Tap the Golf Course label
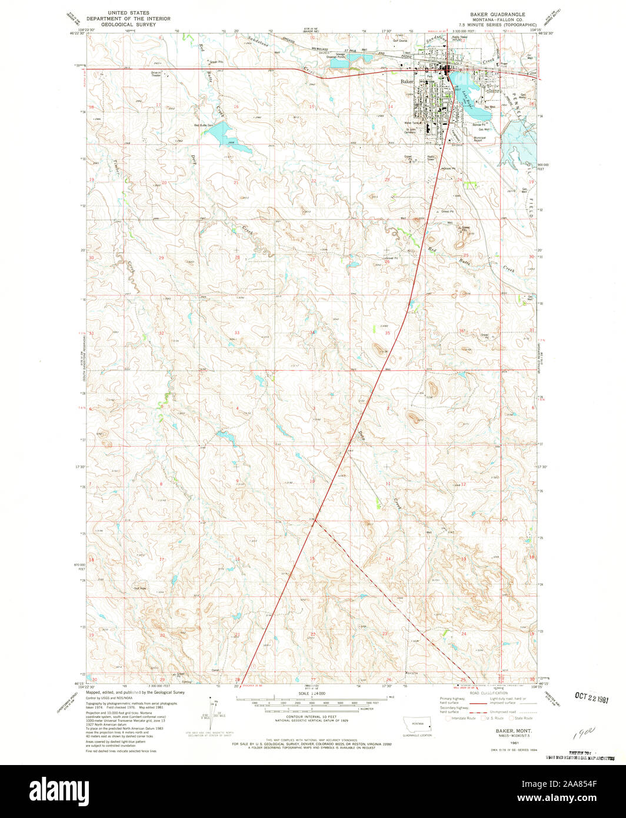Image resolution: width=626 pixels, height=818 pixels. [x=400, y=41]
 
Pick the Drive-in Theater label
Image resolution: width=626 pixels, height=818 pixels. [x=156, y=74]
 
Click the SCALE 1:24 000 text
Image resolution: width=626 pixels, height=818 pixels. [x=312, y=693]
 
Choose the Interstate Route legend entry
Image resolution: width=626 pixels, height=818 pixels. [x=461, y=718]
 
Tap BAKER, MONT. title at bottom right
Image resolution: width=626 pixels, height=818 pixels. [x=500, y=729]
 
